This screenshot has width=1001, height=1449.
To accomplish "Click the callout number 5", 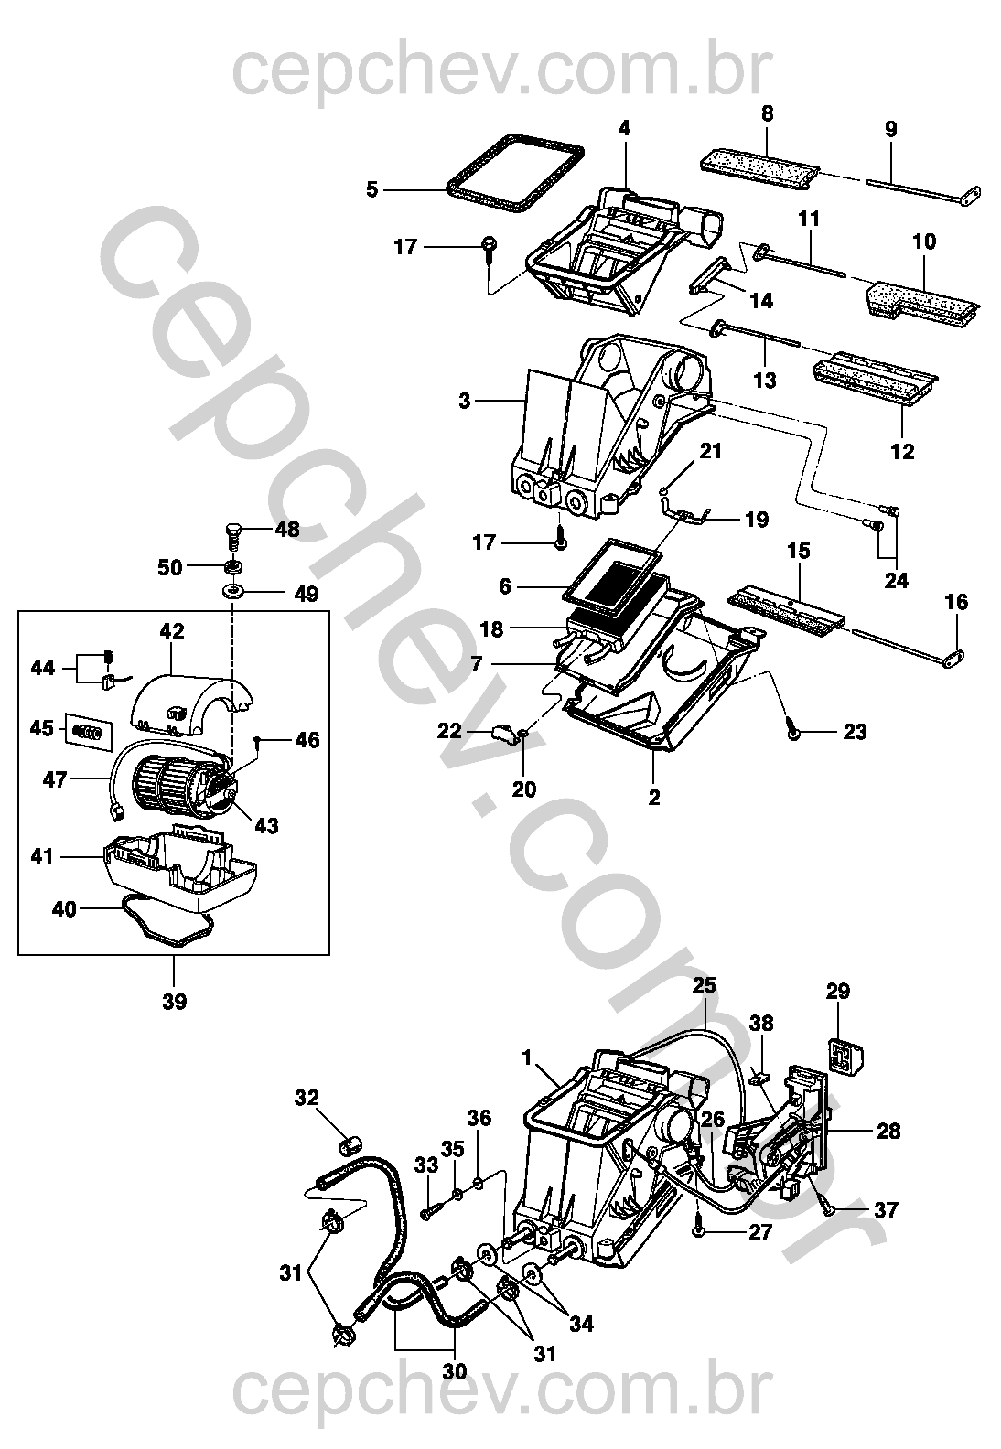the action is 371,190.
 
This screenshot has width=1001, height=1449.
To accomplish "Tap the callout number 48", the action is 287,529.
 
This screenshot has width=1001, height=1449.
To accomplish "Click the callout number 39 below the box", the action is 174,1002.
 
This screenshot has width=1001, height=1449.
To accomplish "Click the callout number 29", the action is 838,991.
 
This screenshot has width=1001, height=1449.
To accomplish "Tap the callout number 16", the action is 956,602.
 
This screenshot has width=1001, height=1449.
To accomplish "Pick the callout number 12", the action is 903,451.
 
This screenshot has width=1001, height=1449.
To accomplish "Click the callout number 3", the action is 465,401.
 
